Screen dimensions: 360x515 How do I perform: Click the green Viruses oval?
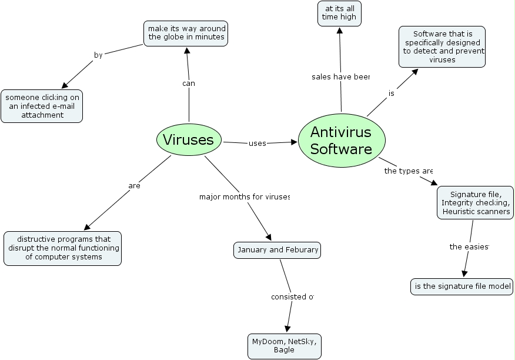coord(189,139)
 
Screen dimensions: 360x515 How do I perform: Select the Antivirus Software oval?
coord(342,141)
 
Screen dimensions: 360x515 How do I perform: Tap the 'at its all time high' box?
coord(339,14)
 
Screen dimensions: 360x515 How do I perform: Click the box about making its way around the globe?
coord(186,33)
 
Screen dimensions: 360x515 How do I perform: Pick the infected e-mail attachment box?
coord(42,106)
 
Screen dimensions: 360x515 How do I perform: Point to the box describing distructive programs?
coord(63,248)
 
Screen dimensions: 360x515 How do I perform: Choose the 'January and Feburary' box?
coord(277,250)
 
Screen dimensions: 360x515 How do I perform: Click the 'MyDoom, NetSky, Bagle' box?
coord(285,346)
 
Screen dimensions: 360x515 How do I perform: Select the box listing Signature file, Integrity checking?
coord(476,203)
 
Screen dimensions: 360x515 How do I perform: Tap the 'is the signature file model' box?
coord(462,286)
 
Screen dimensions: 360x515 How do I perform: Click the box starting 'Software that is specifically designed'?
coord(442,46)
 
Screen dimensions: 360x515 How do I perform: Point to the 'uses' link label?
coord(257,143)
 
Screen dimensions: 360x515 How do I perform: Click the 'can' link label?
coord(188,84)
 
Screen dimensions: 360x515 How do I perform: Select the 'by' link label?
coord(98,55)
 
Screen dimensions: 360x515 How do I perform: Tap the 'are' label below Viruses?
coord(134,186)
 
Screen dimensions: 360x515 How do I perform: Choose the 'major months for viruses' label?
coord(245,196)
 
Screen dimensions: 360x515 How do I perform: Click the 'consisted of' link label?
coord(292,296)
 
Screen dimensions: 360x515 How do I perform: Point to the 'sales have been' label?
coord(340,76)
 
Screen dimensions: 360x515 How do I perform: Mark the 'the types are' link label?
coord(409,171)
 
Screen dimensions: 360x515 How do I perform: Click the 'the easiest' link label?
coord(469,246)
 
